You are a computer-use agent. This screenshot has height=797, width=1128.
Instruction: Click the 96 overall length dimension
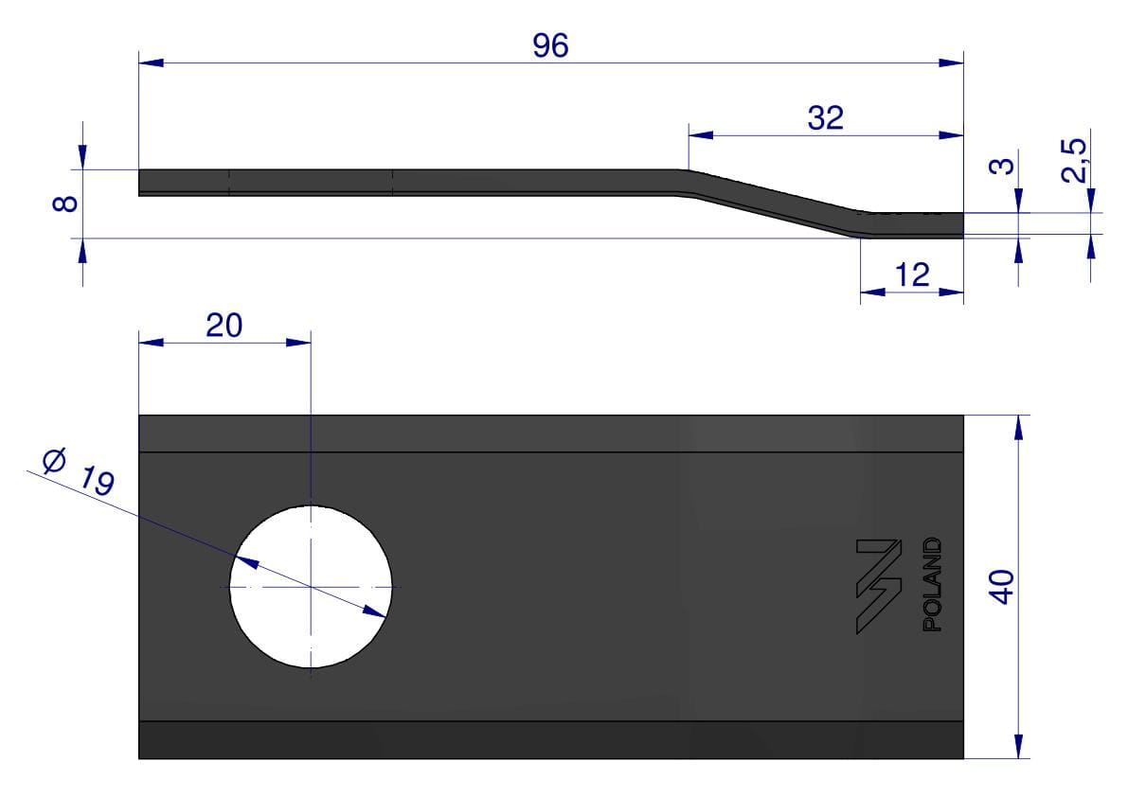pos(550,45)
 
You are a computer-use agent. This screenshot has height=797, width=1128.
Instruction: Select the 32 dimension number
pos(825,118)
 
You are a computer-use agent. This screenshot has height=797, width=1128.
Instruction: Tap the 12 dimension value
pos(912,275)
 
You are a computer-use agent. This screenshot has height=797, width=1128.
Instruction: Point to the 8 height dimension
pos(65,204)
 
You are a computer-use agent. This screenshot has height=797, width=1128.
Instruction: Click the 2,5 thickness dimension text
pos(1074,160)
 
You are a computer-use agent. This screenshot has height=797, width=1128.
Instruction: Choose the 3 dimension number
pos(1001,166)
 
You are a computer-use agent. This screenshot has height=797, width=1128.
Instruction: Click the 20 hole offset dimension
pos(224,326)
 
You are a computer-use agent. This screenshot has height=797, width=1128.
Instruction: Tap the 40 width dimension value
pos(1001,587)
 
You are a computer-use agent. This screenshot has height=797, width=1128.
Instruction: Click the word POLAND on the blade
pos(932,584)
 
